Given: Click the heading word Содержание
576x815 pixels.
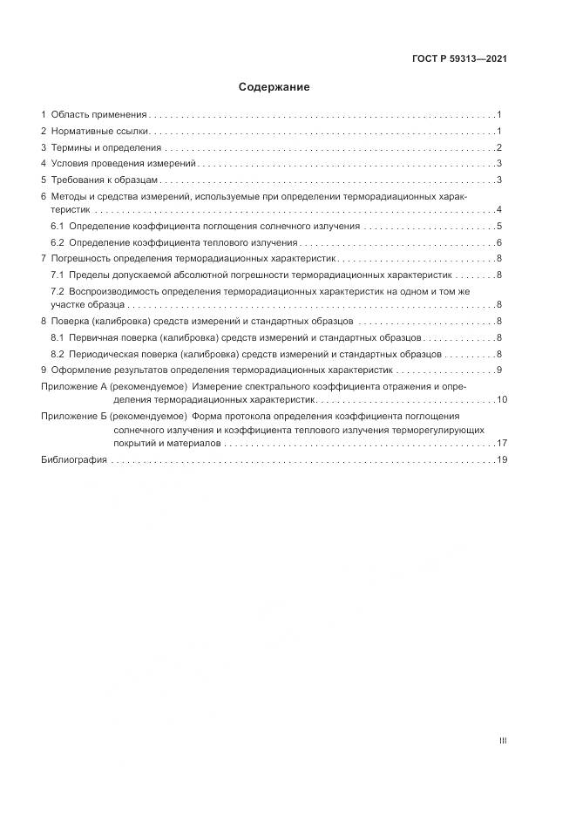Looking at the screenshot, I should [274, 87].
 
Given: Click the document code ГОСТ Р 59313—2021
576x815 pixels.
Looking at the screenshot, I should [460, 59].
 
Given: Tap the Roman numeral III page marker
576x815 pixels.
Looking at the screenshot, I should [503, 741].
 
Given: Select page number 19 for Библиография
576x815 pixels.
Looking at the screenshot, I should [502, 459].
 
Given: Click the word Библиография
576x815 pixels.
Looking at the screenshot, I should [74, 459].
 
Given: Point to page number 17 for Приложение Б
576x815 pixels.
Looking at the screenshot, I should [502, 444].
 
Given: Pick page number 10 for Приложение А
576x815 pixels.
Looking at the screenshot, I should [502, 399].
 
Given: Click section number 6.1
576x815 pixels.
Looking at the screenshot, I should [58, 226].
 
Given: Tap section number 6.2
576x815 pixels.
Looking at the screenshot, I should [58, 242].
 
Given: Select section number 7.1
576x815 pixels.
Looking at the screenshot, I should [58, 275].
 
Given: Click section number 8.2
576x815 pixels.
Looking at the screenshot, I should [58, 354].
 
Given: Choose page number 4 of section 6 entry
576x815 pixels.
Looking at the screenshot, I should [499, 210].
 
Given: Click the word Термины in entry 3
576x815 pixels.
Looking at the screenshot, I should [71, 147].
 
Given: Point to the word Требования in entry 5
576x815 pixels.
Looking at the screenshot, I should [77, 180].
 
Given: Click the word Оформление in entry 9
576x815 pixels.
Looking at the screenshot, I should [79, 370].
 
